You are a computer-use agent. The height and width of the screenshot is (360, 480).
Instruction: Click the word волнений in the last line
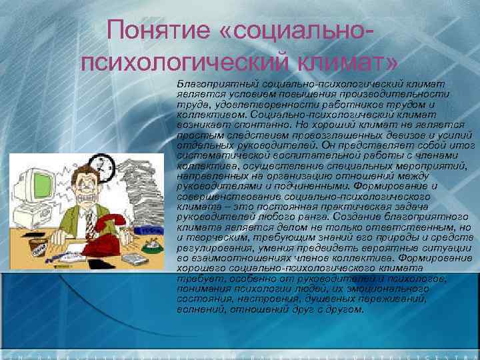click(199, 309)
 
